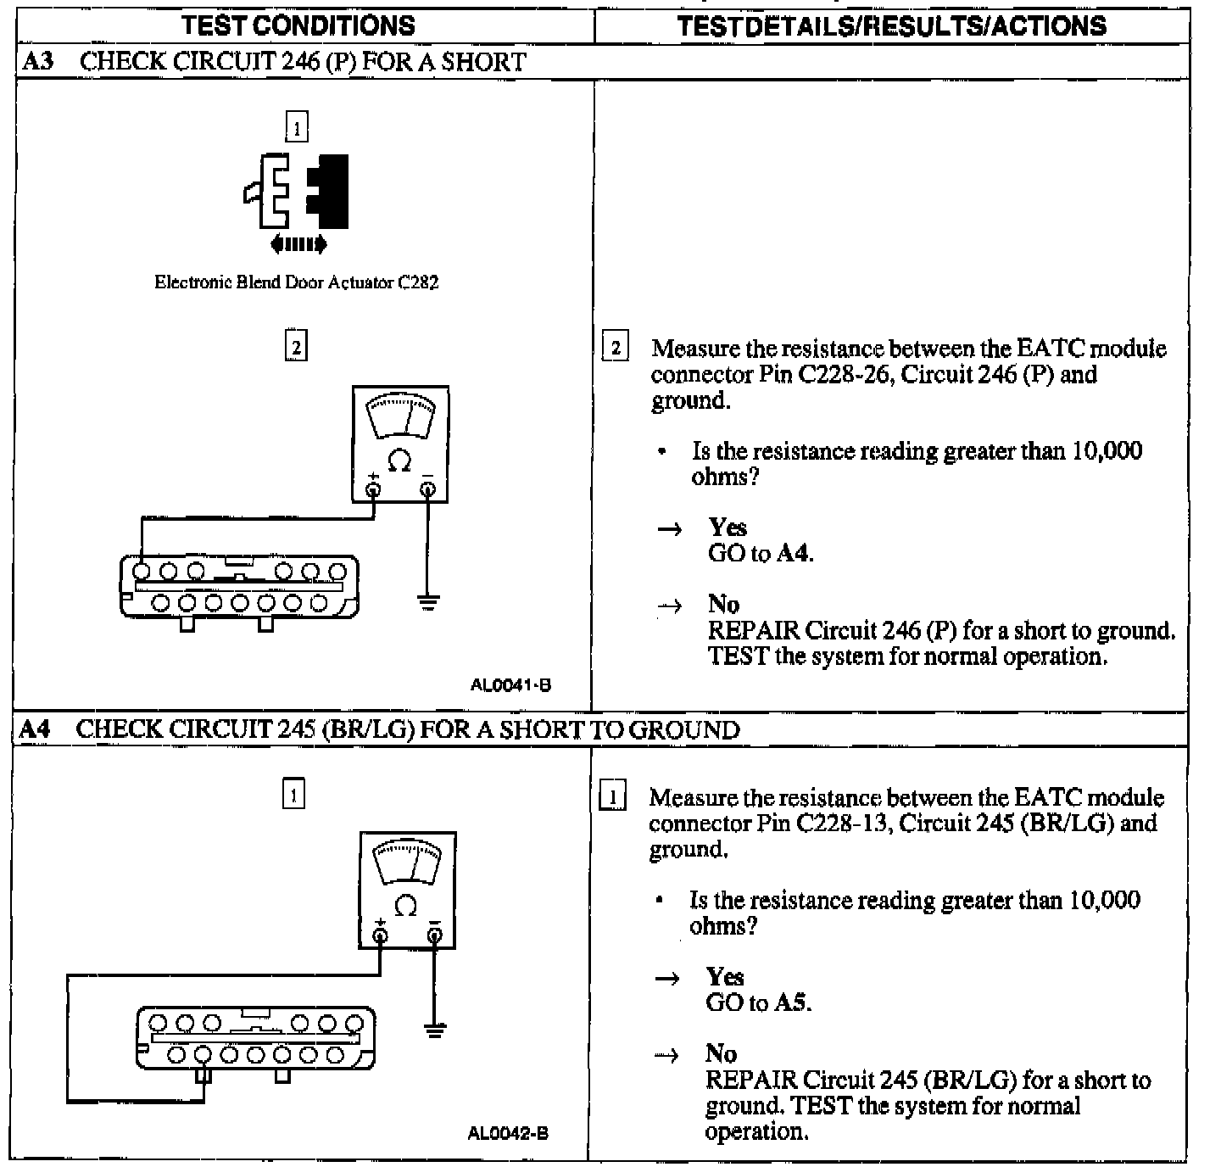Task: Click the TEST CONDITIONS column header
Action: coord(298,25)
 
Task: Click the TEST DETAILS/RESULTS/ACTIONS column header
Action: coord(892,25)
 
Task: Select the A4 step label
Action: coord(36,729)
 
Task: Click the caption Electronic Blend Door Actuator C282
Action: coord(296,282)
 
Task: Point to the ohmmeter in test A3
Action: coord(400,444)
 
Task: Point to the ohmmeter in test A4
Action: coord(407,889)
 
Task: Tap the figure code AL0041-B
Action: coord(510,684)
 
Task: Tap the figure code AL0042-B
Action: coord(508,1133)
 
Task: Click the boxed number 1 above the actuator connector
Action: coord(296,128)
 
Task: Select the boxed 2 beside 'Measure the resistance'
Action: coord(616,348)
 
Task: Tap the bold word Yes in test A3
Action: coord(728,528)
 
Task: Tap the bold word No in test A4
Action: coord(721,1053)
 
